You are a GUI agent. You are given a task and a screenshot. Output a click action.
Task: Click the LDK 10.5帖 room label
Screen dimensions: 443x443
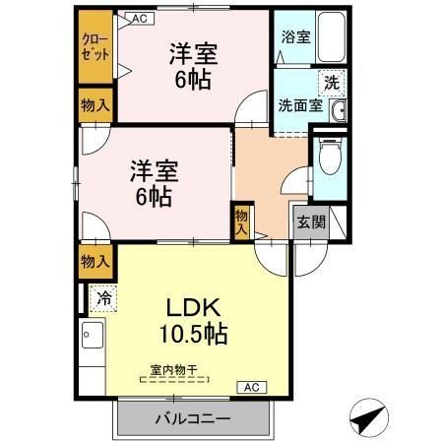coord(193,319)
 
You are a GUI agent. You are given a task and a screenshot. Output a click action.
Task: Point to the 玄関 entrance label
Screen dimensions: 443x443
coord(308,221)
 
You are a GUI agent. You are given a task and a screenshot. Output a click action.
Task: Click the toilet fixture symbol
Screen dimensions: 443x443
coord(328,158)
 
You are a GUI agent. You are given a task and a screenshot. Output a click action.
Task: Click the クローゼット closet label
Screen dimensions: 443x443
coord(95,47)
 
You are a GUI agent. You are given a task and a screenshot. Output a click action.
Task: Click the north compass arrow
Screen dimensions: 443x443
coord(367,418)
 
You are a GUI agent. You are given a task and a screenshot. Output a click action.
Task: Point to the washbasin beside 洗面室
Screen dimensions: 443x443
coord(338,109)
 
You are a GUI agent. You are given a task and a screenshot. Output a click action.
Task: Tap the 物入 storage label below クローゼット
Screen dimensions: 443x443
coord(95,105)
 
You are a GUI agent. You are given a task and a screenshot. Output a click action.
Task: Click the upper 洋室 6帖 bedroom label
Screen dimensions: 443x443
coord(192,65)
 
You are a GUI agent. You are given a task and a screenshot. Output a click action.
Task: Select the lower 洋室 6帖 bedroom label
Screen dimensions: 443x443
coord(155,182)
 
